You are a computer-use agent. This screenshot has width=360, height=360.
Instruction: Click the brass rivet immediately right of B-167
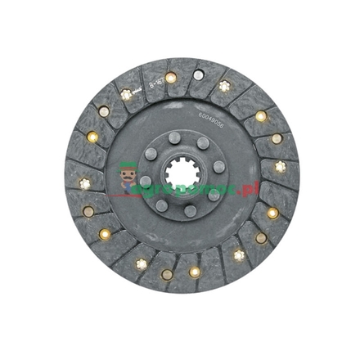click(170, 78)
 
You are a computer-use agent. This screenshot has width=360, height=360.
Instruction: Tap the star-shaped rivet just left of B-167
click(126, 94)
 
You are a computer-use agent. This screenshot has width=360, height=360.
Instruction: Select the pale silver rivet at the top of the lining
click(198, 75)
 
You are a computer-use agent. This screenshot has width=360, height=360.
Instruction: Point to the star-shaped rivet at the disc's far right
click(281, 166)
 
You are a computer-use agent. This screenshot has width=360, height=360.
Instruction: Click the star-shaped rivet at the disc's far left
click(83, 183)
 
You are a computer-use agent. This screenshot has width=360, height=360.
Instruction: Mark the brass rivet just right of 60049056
click(261, 116)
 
